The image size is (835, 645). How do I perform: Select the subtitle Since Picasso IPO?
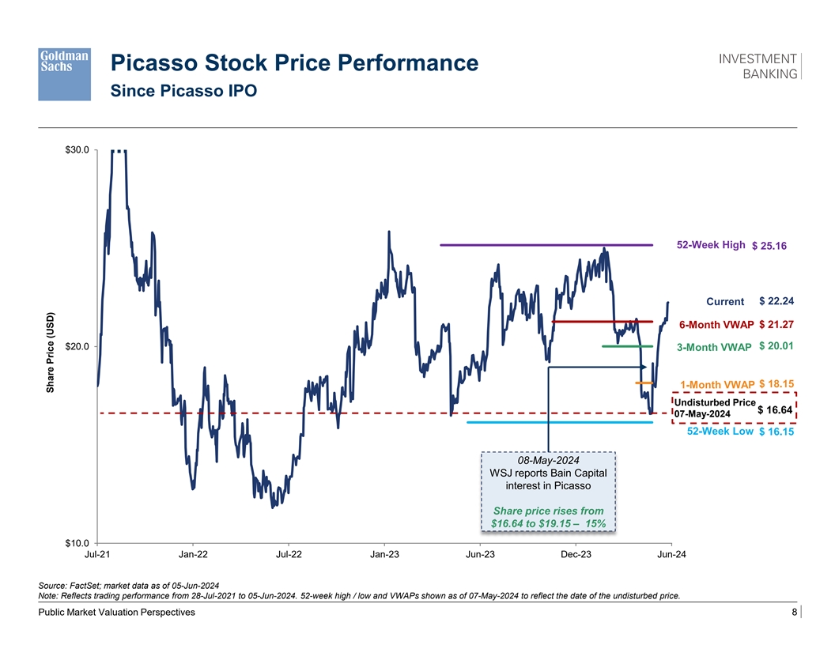(x=183, y=91)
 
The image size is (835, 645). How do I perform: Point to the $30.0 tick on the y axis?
(x=77, y=149)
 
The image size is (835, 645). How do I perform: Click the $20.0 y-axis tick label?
(x=77, y=346)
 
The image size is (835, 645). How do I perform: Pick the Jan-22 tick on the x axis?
(x=193, y=554)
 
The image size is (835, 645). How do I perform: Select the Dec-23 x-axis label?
(x=576, y=554)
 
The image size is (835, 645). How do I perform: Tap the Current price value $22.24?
(x=776, y=300)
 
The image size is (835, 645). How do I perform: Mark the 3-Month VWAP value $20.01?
(x=776, y=346)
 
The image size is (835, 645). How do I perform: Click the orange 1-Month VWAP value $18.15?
(x=776, y=384)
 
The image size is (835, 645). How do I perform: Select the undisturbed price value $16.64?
(x=776, y=409)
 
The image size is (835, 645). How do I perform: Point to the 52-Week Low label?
(x=720, y=432)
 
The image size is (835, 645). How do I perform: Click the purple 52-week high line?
(x=546, y=245)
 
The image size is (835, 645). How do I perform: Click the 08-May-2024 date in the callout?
(x=548, y=460)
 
